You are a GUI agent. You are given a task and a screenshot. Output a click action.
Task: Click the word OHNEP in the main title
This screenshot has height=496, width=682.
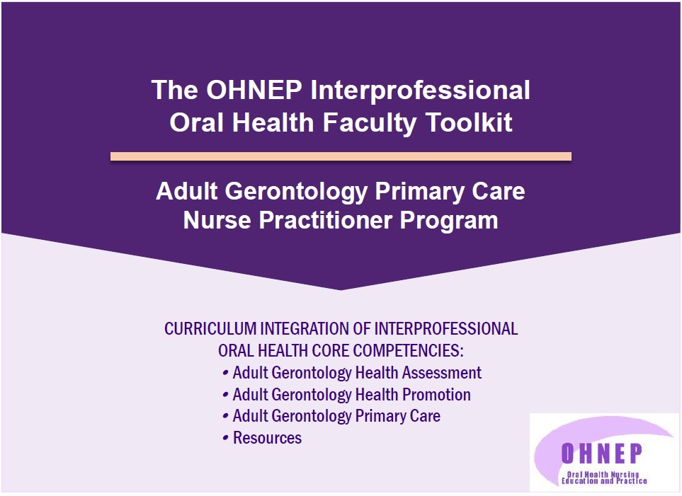click(x=254, y=90)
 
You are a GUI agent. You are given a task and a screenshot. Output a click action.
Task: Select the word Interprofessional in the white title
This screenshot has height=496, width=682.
click(x=420, y=91)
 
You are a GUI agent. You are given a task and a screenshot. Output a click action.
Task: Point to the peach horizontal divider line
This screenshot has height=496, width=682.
click(x=341, y=156)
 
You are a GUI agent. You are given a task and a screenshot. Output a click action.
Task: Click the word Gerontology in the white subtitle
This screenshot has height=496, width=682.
click(x=296, y=192)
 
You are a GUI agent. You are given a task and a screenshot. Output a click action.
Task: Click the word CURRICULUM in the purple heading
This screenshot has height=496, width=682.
click(x=210, y=328)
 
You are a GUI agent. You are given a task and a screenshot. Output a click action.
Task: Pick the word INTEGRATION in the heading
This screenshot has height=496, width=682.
click(x=304, y=328)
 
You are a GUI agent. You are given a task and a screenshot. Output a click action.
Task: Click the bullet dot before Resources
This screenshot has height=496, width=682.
click(x=225, y=438)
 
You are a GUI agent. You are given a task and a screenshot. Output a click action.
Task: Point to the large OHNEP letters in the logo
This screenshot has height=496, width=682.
click(x=602, y=454)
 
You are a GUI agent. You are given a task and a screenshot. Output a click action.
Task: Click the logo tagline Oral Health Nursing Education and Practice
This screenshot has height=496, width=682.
click(x=604, y=478)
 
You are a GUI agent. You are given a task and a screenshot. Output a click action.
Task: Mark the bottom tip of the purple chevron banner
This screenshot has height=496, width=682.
click(x=341, y=290)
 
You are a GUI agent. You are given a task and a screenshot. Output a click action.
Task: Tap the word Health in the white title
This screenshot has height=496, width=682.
click(x=273, y=122)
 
